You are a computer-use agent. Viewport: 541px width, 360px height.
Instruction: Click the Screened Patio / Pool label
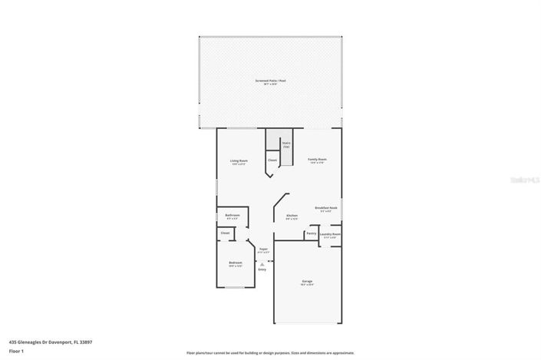coord(270,81)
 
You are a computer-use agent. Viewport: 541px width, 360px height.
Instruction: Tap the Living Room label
coord(239,161)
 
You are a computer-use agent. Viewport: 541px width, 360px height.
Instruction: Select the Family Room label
coord(317,160)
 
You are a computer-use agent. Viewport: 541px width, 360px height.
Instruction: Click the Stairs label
coord(286,144)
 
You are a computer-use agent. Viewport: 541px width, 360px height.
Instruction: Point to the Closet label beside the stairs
coord(272,160)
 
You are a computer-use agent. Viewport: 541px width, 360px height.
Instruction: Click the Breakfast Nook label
coord(326,209)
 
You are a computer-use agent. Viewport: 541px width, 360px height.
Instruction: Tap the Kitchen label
coord(292,216)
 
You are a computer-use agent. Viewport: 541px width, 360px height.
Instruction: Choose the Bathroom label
coord(232,216)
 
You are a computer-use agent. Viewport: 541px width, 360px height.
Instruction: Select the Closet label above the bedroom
coord(225,233)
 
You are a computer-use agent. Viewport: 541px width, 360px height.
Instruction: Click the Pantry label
coord(312,233)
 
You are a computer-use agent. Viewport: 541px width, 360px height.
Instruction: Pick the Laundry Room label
coord(330,235)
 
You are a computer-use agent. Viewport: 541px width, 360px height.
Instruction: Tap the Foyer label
coord(262,250)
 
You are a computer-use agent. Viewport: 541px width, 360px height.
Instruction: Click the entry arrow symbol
coord(262,263)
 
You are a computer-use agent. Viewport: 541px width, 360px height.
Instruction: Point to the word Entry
coord(262,269)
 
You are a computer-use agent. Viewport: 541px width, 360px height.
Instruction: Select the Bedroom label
coord(235,264)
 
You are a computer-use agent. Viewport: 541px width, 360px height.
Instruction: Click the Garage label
coord(307,282)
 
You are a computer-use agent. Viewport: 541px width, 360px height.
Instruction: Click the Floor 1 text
coord(18,352)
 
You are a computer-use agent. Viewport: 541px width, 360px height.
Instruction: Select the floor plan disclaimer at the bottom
coord(270,353)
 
